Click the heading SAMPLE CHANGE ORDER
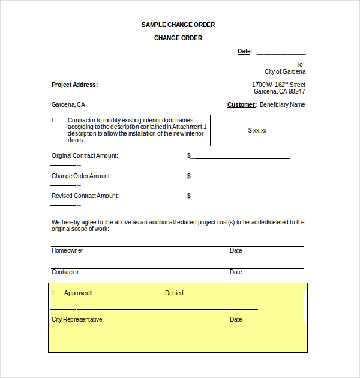click(x=178, y=25)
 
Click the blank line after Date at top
click(x=281, y=53)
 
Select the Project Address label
click(x=74, y=85)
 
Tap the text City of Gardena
click(x=284, y=71)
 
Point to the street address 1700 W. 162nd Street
click(x=278, y=85)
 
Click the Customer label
click(x=242, y=104)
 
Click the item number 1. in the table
click(x=53, y=120)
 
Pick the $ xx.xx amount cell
click(x=257, y=130)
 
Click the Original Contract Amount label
click(x=85, y=155)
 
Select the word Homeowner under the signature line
click(x=67, y=250)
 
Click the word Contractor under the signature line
click(x=65, y=272)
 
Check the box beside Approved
click(x=53, y=293)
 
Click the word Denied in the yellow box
click(x=174, y=293)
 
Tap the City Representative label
click(x=77, y=319)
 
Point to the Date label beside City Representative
click(x=236, y=319)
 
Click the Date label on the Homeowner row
click(x=236, y=250)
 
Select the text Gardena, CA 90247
click(x=279, y=92)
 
